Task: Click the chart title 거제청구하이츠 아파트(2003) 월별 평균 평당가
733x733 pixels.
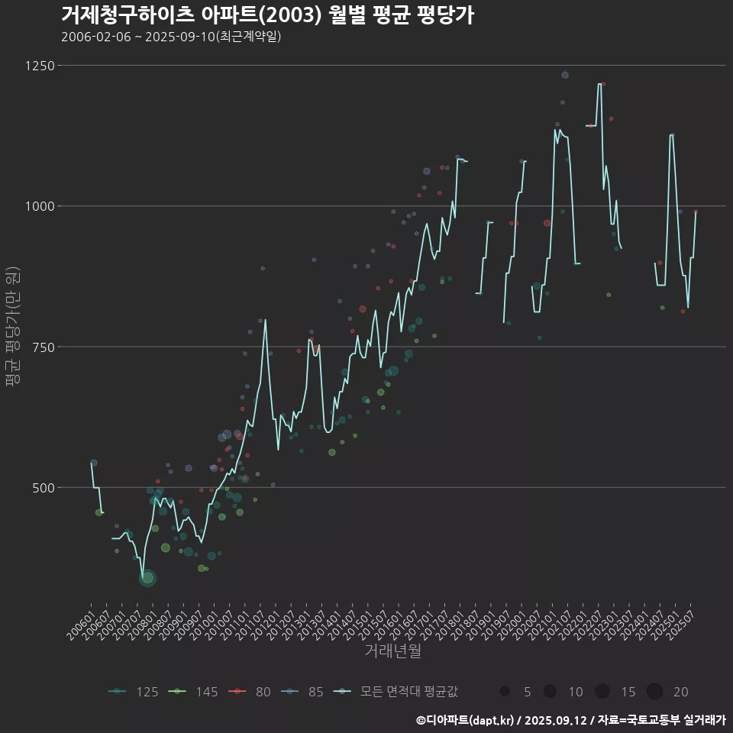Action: click(x=267, y=15)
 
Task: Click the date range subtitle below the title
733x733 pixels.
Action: click(x=171, y=37)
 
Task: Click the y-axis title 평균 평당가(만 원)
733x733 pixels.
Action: click(x=11, y=328)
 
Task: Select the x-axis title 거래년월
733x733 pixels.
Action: click(x=392, y=651)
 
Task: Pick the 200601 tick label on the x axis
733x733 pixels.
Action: click(x=81, y=622)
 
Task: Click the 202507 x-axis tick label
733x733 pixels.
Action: click(x=682, y=622)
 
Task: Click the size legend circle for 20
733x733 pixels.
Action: click(x=654, y=692)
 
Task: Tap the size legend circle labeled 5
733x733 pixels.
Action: click(x=505, y=692)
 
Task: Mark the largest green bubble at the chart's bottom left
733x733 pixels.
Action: click(x=148, y=578)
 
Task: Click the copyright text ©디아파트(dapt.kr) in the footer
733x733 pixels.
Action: click(x=467, y=720)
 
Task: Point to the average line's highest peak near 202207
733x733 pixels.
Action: click(x=599, y=84)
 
